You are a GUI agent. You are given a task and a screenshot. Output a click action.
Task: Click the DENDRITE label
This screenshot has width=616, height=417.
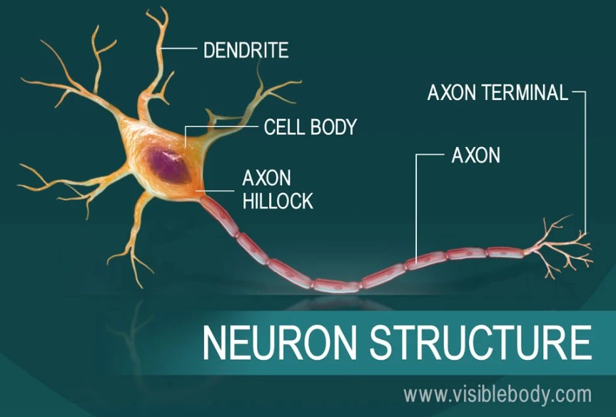[246, 50]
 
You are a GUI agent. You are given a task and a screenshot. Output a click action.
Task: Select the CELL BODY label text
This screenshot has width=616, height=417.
[310, 127]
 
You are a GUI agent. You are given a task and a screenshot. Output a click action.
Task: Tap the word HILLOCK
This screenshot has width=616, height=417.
[278, 201]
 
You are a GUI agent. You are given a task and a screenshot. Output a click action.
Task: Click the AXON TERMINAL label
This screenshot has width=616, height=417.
[497, 92]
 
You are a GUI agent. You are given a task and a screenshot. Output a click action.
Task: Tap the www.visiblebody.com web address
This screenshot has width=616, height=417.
[497, 393]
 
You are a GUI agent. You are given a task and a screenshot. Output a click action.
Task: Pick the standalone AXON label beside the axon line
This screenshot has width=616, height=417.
[476, 155]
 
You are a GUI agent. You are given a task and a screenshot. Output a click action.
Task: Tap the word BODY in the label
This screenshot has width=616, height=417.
[333, 127]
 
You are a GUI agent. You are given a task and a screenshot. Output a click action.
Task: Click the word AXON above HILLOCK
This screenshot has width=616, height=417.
[267, 178]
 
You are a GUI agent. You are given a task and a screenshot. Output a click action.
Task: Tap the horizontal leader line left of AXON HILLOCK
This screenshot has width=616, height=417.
[218, 190]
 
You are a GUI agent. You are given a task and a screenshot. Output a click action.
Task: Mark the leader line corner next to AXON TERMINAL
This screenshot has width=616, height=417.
[585, 92]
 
